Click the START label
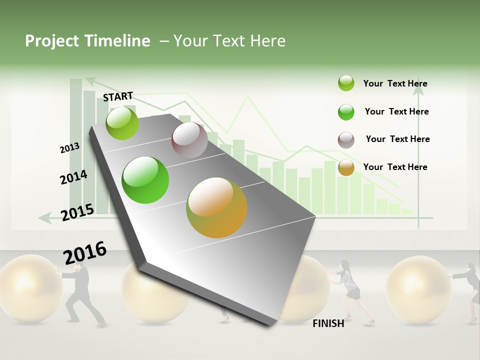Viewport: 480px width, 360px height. click(118, 96)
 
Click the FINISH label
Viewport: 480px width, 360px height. click(328, 323)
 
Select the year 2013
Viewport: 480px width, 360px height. click(69, 148)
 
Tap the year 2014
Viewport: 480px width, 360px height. click(73, 177)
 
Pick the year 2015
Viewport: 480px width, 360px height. click(77, 212)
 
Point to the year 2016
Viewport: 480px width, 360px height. click(85, 253)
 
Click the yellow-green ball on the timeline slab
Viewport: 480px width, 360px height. click(122, 123)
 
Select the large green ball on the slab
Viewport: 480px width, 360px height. click(145, 180)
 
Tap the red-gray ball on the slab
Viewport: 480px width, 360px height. click(189, 140)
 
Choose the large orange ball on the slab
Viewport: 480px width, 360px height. click(216, 207)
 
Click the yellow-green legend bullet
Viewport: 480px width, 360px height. click(346, 83)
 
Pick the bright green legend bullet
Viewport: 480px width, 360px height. click(346, 112)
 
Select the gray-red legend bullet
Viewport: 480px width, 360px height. click(346, 140)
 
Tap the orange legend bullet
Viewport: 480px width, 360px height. click(346, 167)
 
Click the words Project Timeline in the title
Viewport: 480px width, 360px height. click(87, 41)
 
